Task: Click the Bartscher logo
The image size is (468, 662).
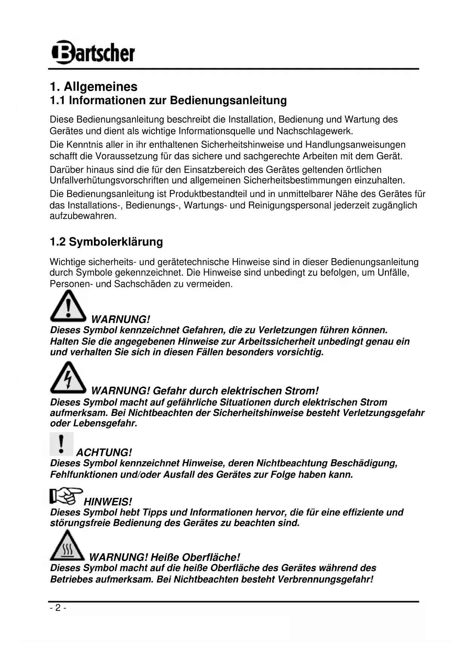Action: click(x=93, y=52)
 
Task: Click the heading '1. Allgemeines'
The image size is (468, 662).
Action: click(x=94, y=87)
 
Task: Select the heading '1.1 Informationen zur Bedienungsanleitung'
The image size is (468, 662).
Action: click(x=168, y=101)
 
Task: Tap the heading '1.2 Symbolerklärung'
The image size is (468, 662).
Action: click(x=106, y=242)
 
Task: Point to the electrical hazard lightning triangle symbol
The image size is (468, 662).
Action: click(x=68, y=378)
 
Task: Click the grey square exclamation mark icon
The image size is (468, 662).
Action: click(x=61, y=444)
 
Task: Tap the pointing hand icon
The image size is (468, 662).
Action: click(x=66, y=496)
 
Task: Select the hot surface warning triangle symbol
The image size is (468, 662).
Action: click(x=67, y=546)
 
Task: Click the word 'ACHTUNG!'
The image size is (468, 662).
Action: click(x=104, y=453)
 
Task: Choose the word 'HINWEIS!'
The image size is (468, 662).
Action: click(x=108, y=502)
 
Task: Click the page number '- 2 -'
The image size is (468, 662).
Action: click(x=58, y=608)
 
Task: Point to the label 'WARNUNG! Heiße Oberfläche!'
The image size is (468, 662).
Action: click(x=164, y=557)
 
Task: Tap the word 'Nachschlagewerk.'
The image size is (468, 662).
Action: click(x=315, y=131)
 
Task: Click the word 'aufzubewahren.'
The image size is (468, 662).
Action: click(x=83, y=216)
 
